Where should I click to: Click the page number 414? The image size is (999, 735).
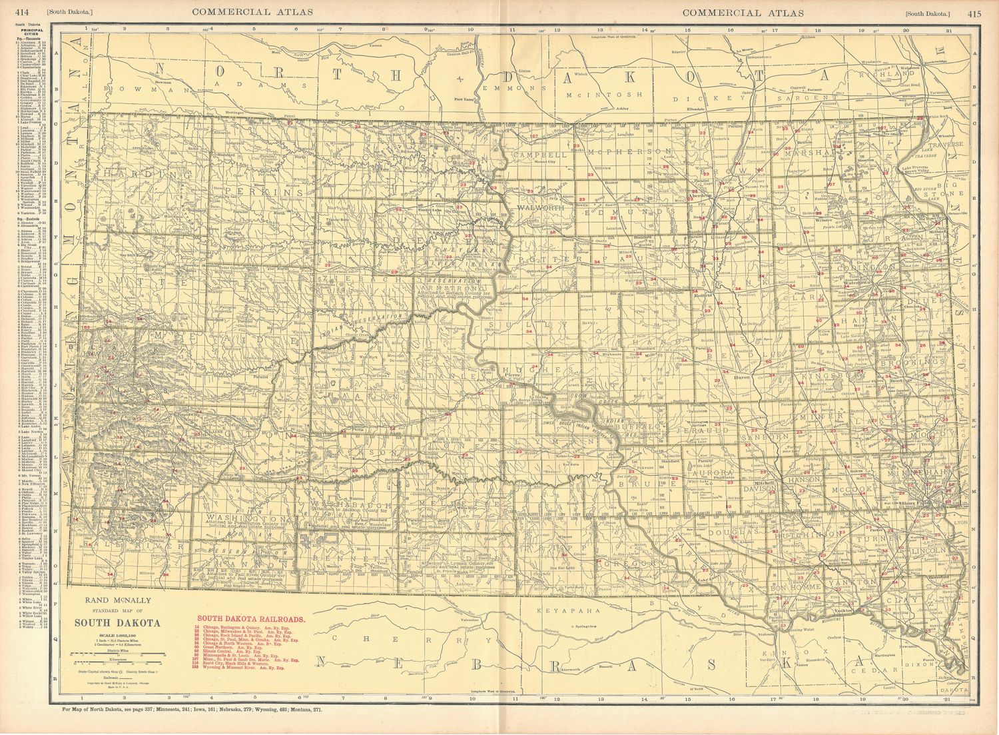tap(23, 13)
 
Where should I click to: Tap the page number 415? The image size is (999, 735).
tap(974, 13)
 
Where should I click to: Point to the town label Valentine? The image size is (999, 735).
tap(471, 620)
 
